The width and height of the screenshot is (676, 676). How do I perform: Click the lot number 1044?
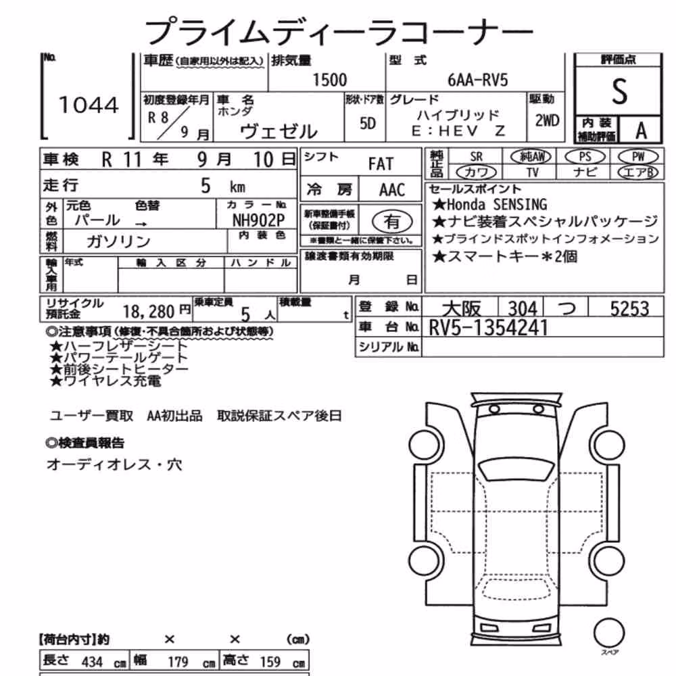click(89, 105)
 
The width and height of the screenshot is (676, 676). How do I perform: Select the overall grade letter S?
click(619, 91)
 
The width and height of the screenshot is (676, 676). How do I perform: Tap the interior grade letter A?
click(641, 130)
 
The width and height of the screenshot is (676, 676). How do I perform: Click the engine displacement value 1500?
click(329, 80)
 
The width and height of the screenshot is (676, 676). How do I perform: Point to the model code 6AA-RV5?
click(478, 80)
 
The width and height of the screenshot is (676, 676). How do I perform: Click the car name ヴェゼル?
click(279, 132)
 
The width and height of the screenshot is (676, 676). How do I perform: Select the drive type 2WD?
click(547, 121)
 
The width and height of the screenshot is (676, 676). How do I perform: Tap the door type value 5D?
click(368, 124)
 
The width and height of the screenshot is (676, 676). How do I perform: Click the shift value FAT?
click(381, 164)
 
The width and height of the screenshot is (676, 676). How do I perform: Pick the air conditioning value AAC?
click(392, 190)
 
